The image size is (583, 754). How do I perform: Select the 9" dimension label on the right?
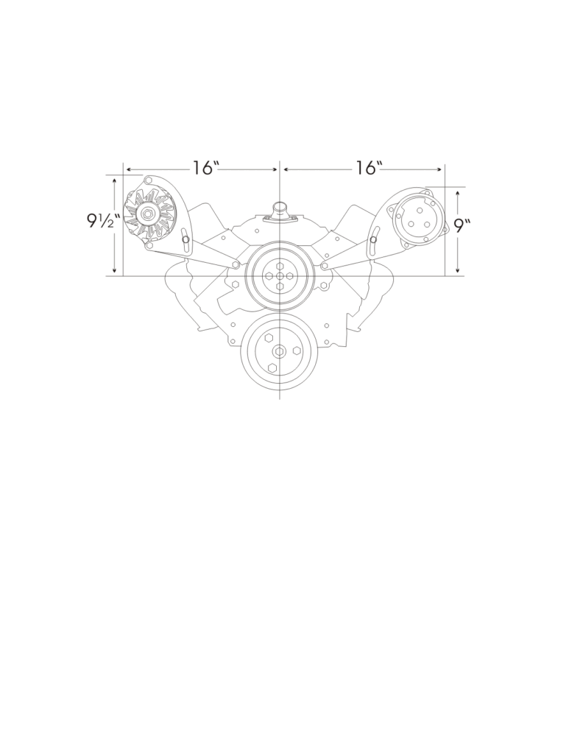pyautogui.click(x=462, y=225)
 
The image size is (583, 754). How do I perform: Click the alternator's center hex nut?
pyautogui.click(x=147, y=214)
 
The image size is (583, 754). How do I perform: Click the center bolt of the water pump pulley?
pyautogui.click(x=280, y=275)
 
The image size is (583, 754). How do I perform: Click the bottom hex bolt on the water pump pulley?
pyautogui.click(x=280, y=286)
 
